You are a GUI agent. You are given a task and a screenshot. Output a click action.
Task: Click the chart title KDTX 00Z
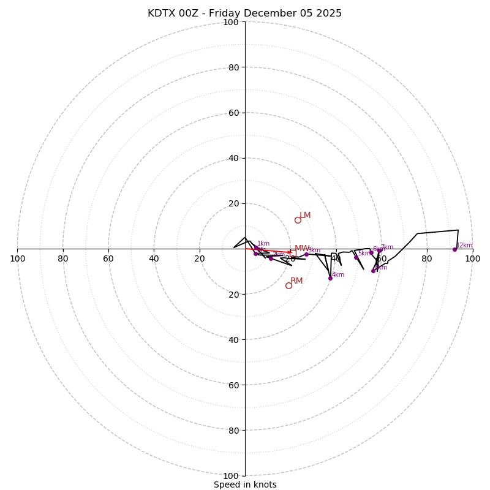(x=244, y=13)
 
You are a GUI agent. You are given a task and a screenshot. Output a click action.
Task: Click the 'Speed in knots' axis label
(x=245, y=484)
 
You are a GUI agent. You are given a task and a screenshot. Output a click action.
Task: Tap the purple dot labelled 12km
(x=454, y=249)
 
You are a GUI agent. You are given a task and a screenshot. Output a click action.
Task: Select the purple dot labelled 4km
(x=330, y=278)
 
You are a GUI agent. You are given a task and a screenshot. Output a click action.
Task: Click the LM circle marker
(x=298, y=220)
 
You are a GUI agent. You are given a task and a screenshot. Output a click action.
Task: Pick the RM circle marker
(x=288, y=285)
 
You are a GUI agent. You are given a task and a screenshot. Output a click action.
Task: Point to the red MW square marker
(x=293, y=253)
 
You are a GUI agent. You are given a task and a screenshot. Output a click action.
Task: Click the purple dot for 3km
(x=306, y=254)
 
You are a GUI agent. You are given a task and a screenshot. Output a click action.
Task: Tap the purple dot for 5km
(x=356, y=257)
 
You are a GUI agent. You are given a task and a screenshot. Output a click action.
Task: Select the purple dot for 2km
(x=271, y=258)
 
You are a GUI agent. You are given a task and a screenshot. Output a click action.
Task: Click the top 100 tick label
(x=231, y=22)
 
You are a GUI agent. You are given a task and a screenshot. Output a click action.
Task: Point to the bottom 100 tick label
(x=231, y=476)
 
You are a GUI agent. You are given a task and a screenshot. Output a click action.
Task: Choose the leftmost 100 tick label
(x=17, y=258)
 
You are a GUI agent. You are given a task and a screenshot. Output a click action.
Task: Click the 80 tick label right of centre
(x=426, y=258)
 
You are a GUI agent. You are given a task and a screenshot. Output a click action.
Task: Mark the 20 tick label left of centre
(x=200, y=258)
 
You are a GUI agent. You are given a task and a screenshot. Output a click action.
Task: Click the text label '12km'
(x=464, y=245)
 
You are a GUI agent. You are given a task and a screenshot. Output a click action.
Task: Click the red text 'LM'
(x=305, y=216)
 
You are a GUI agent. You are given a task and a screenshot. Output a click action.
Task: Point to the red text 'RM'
(x=296, y=281)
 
